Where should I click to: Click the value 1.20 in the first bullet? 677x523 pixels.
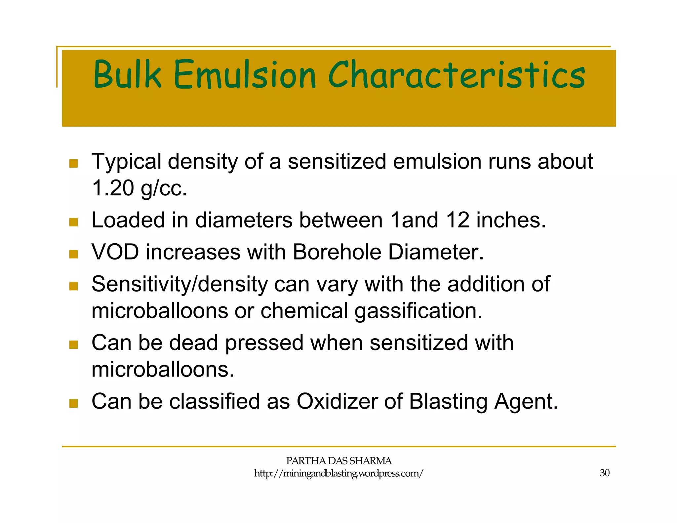[112, 188]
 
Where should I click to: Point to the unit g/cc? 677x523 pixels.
[164, 188]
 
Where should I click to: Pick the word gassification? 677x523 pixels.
[418, 311]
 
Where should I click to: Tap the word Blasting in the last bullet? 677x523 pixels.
[448, 401]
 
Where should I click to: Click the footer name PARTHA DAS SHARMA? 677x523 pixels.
[338, 461]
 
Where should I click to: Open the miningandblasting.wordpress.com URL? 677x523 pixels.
[338, 473]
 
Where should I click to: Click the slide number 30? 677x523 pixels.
[604, 473]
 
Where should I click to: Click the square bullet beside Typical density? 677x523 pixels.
[73, 163]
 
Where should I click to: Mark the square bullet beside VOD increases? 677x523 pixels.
[73, 254]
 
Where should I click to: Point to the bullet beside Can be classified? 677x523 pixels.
[73, 403]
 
